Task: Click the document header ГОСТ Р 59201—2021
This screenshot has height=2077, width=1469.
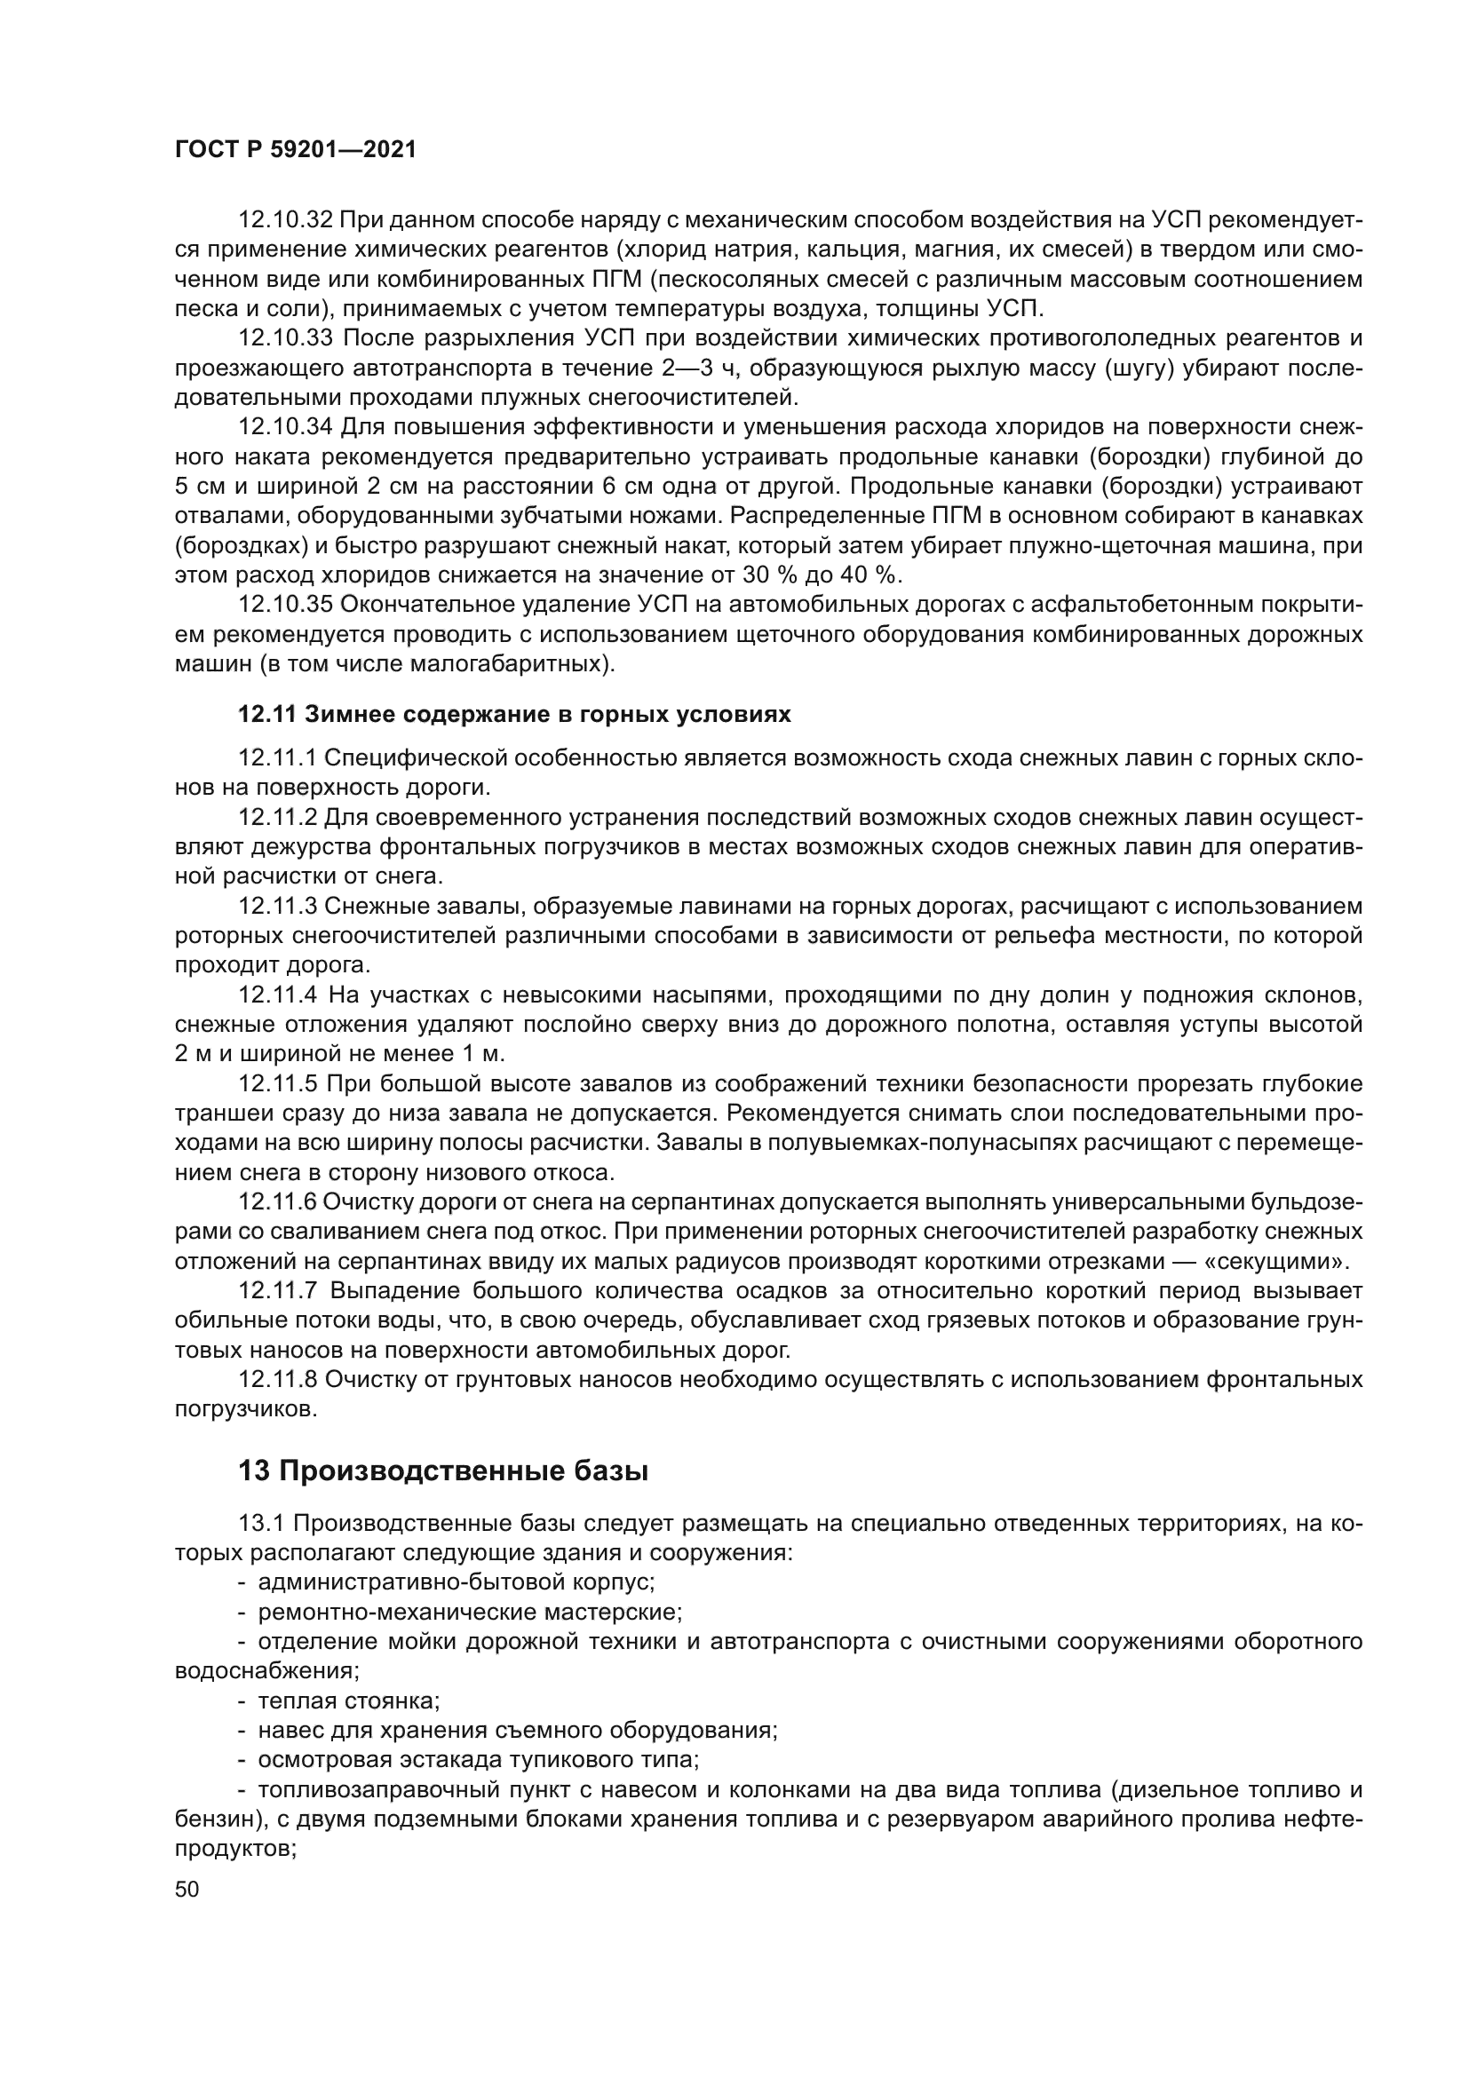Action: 295,150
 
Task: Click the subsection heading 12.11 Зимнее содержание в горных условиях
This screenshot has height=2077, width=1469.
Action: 513,715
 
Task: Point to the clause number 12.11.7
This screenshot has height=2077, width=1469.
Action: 277,1291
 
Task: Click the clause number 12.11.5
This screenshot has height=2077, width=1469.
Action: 277,1083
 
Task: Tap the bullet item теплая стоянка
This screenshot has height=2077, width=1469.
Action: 348,1700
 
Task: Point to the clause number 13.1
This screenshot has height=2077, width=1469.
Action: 261,1524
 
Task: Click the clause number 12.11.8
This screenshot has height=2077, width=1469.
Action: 277,1380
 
